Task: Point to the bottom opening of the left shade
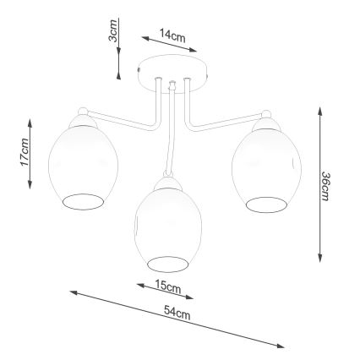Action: [83, 200]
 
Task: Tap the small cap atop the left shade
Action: [81, 112]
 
